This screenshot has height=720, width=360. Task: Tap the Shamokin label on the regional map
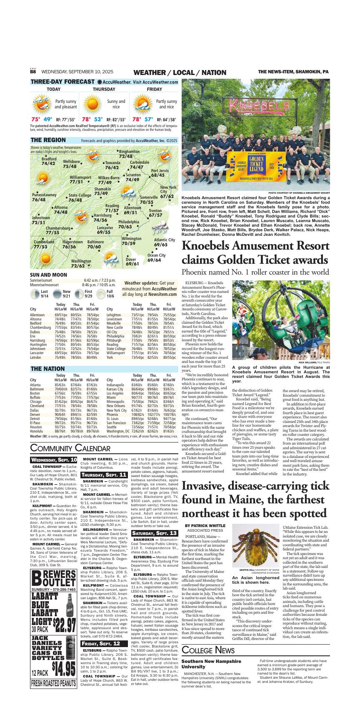(x=102, y=189)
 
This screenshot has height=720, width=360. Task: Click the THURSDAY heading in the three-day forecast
(x=104, y=89)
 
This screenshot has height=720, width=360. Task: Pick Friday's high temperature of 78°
(x=137, y=119)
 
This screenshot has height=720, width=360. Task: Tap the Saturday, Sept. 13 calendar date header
(x=155, y=533)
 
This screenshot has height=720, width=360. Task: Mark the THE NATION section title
(x=47, y=369)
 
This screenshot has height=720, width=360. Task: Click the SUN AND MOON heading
(x=48, y=275)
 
